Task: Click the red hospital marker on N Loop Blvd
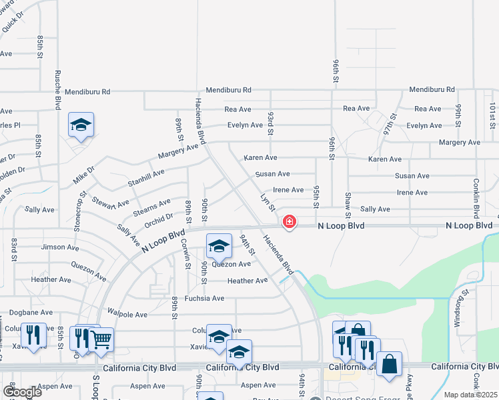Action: (289, 221)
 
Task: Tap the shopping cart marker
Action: (101, 339)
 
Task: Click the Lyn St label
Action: (268, 203)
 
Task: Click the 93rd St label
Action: (271, 124)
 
